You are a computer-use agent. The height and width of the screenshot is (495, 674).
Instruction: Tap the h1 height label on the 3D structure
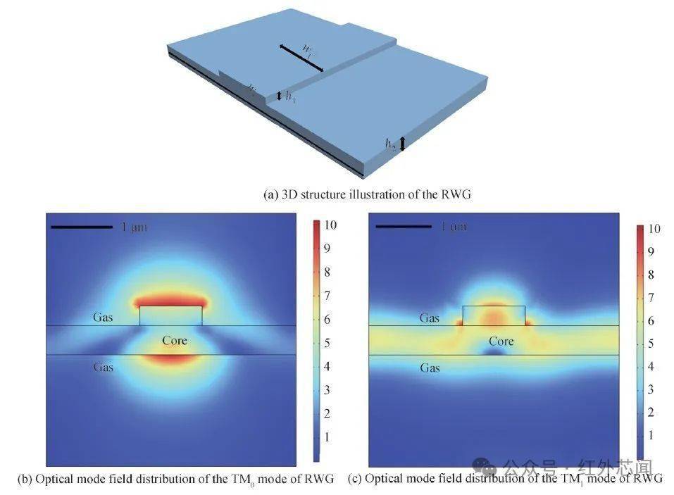(289, 96)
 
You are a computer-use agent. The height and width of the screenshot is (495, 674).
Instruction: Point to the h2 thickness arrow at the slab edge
(402, 144)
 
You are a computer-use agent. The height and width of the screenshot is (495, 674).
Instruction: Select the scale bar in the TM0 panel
(81, 227)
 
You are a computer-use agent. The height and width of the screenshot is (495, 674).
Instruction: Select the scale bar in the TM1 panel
(403, 227)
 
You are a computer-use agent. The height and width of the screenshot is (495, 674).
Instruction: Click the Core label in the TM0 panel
(175, 341)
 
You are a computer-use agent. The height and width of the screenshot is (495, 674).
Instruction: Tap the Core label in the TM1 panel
(501, 342)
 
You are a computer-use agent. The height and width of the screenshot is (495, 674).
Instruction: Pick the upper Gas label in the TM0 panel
(103, 318)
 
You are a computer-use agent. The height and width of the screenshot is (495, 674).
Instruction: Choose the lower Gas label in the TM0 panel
(104, 366)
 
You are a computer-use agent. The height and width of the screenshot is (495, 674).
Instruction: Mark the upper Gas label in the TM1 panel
(430, 318)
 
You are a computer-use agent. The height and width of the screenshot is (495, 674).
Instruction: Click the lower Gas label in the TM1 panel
(430, 368)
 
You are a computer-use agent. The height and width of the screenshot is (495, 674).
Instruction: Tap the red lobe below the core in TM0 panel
(170, 358)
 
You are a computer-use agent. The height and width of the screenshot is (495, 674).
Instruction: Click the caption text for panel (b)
(176, 480)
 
